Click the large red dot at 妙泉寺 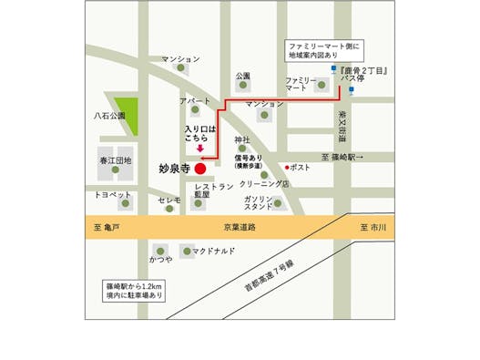(199, 168)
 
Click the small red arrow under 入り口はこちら (200, 148)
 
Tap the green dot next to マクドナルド (186, 250)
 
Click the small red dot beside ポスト (286, 168)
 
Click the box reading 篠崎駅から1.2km (134, 291)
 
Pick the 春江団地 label (115, 160)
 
